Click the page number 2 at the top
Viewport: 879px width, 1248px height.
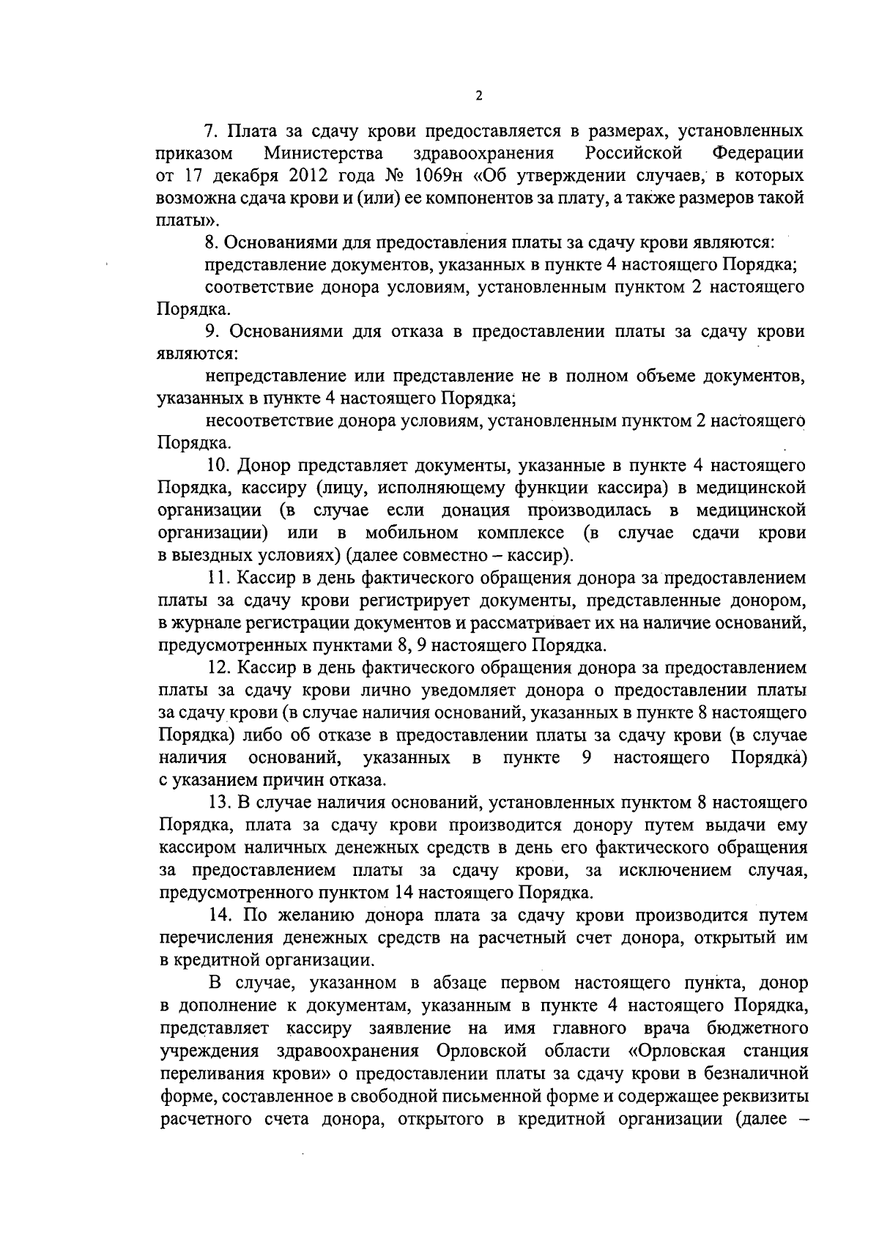point(478,96)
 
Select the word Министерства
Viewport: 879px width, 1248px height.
point(324,154)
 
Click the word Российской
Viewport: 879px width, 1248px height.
point(634,154)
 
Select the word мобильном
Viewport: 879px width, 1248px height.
point(412,532)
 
